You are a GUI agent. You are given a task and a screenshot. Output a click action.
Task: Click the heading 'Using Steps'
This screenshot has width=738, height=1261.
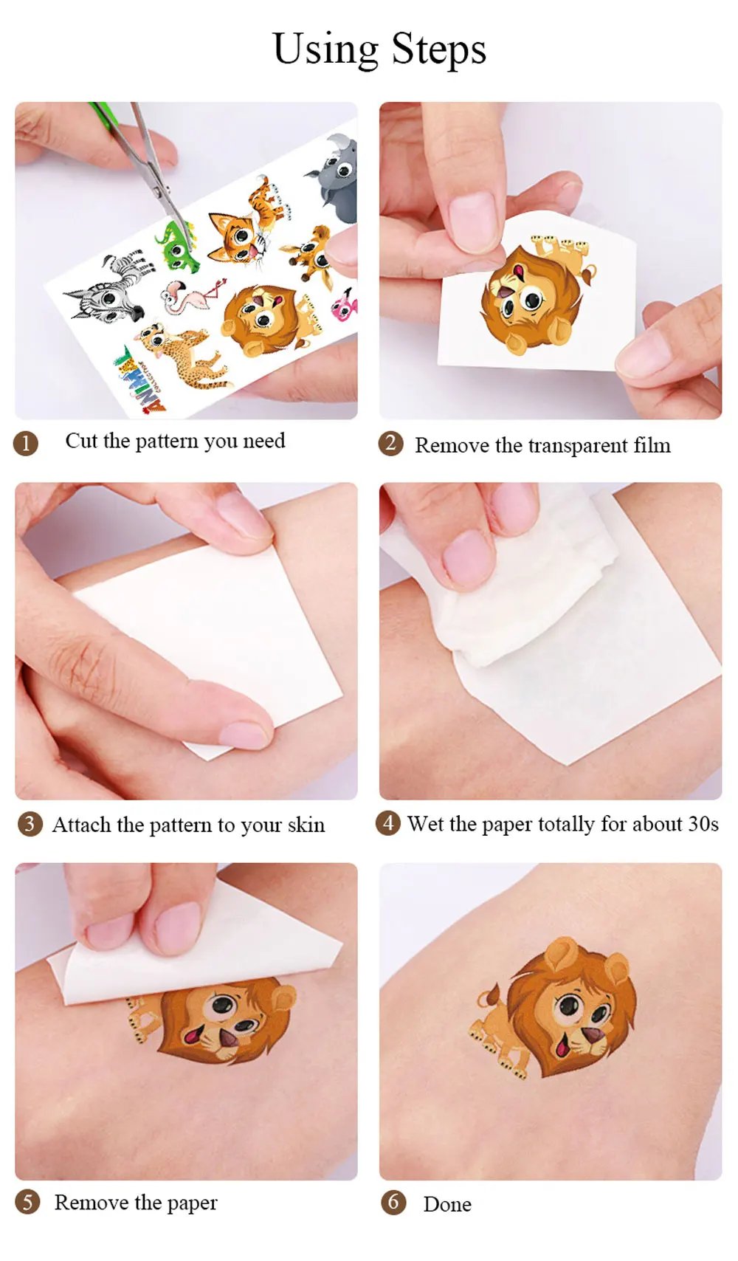click(379, 49)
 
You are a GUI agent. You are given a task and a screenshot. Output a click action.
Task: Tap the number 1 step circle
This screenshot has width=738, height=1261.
click(25, 444)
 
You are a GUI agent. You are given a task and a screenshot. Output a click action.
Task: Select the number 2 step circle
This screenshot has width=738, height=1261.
click(390, 444)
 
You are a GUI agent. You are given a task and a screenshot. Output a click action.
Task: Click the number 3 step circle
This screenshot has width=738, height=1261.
click(30, 825)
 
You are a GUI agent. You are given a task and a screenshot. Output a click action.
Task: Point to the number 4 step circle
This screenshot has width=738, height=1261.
click(388, 824)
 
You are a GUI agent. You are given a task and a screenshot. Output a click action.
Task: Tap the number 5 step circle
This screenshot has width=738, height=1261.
click(27, 1203)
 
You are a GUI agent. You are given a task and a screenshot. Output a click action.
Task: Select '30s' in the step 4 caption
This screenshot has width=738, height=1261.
click(703, 824)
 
